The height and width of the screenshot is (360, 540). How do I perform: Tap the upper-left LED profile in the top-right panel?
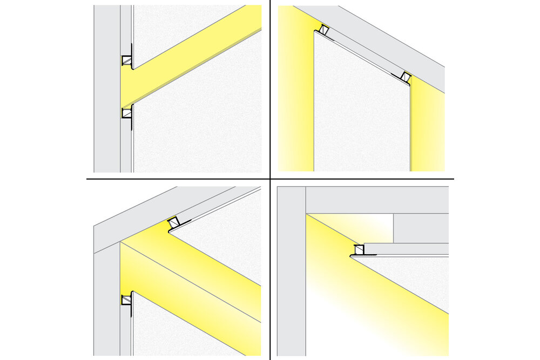pos(325,31)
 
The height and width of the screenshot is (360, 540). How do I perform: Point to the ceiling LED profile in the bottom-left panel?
pos(174,222)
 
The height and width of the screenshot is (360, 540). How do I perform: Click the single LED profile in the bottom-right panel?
pos(359,250)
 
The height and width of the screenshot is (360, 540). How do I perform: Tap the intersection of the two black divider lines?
pos(269,179)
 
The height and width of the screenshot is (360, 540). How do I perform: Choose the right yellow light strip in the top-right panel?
pos(427,130)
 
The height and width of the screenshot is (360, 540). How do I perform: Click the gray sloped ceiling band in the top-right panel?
pos(378,38)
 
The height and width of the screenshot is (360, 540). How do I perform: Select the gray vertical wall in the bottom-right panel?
pos(291,270)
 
